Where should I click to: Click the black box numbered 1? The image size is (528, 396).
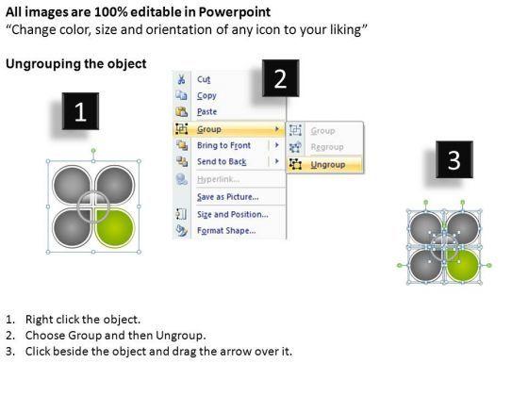(80, 111)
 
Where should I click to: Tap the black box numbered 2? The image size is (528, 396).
(281, 78)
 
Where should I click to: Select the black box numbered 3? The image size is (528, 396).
(454, 159)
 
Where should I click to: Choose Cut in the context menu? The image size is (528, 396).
(204, 79)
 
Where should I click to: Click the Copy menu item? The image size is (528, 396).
(206, 96)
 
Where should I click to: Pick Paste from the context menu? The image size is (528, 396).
(206, 112)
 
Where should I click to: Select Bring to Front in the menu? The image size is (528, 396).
(223, 145)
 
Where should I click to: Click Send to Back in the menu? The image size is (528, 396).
(222, 161)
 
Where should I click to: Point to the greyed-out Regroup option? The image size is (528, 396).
(327, 147)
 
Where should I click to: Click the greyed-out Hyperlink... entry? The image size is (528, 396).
(218, 179)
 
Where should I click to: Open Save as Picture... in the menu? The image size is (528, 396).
(227, 197)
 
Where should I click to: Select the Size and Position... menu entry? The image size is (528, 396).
(232, 215)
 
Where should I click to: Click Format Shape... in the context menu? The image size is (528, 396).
(226, 231)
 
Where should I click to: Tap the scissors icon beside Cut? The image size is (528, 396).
(181, 79)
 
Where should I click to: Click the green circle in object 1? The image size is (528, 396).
(115, 228)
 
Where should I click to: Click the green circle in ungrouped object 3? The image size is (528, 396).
(463, 266)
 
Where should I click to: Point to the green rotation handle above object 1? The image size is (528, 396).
(93, 151)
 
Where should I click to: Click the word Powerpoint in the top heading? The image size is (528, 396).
(235, 12)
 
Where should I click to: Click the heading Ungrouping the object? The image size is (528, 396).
(76, 64)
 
